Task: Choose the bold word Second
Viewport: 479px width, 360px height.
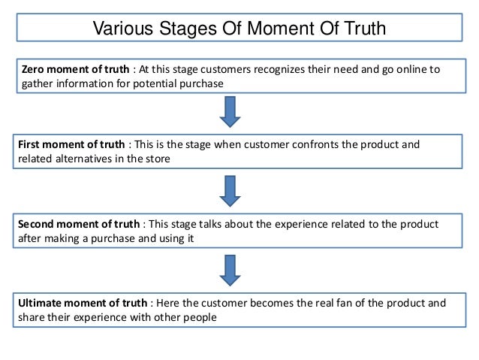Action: (37, 224)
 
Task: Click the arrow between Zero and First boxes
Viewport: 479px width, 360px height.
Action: (230, 111)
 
